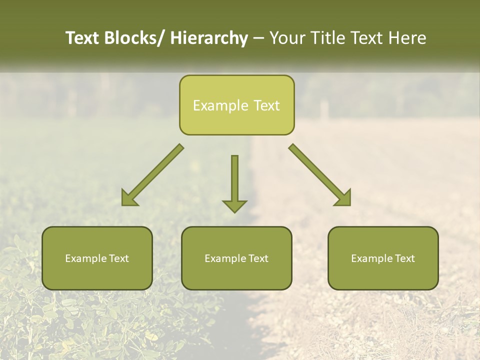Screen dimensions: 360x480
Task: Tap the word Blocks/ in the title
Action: (x=134, y=38)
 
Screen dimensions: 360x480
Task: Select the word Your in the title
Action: (x=287, y=38)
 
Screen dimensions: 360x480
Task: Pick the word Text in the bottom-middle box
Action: (x=257, y=258)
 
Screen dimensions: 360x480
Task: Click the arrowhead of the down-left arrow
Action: (x=128, y=198)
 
